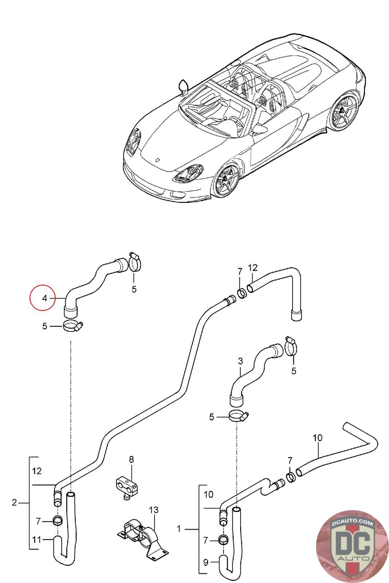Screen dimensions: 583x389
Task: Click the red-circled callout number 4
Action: (x=44, y=298)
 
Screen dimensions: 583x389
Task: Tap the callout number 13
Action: (x=154, y=509)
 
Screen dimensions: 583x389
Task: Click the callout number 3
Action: (x=240, y=361)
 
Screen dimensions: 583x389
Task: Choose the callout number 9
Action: (x=206, y=562)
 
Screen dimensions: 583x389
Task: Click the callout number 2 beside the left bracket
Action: (x=14, y=503)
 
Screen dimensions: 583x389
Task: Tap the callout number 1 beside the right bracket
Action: (x=179, y=529)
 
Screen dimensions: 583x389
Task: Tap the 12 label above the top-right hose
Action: (x=253, y=268)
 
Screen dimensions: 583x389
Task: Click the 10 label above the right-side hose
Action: (x=318, y=438)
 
